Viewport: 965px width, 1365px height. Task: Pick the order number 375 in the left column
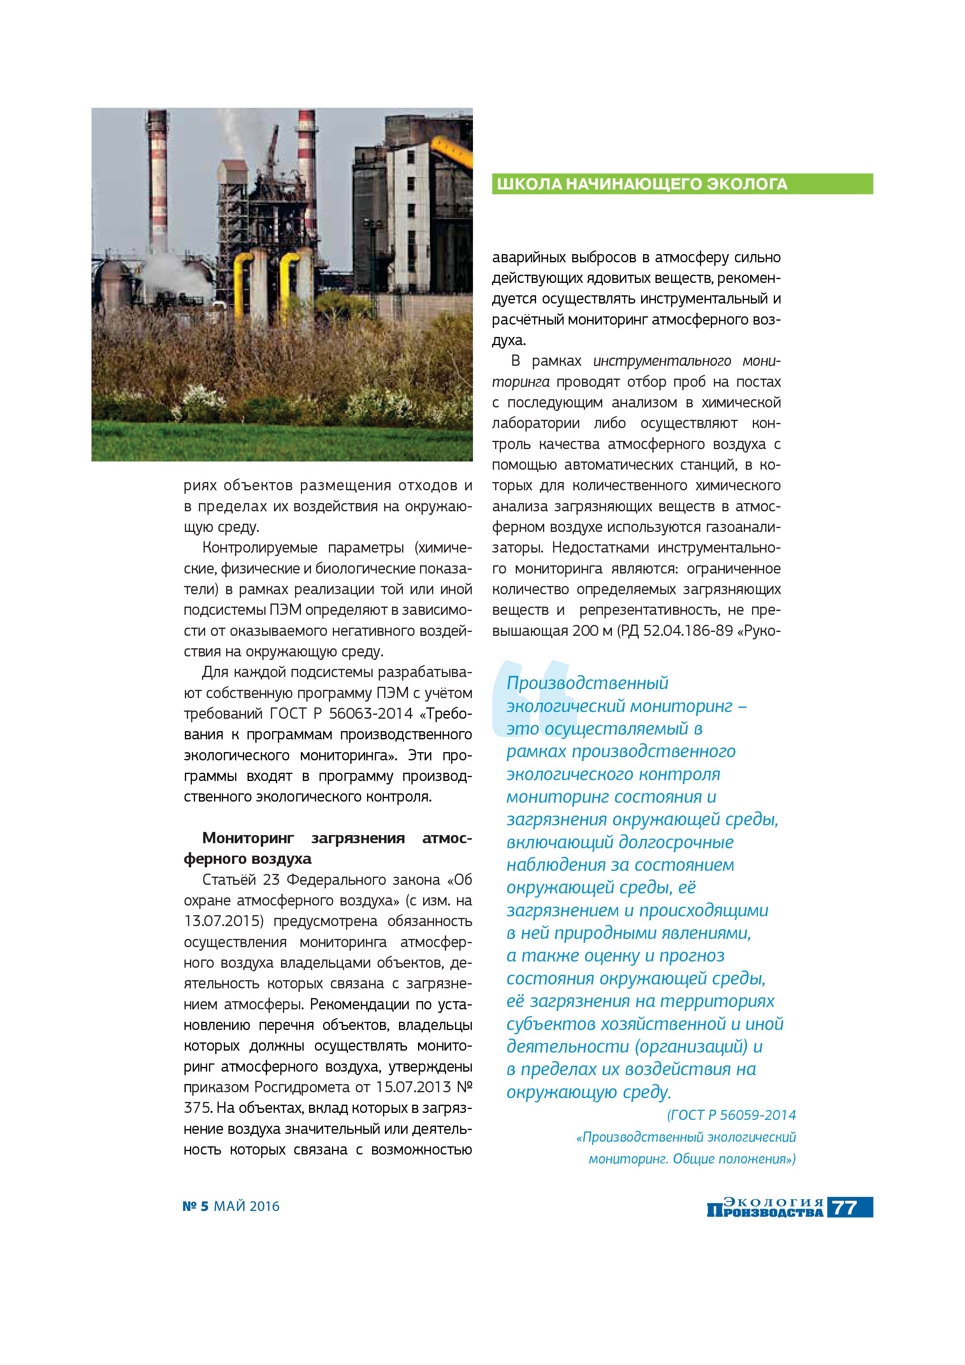(197, 1107)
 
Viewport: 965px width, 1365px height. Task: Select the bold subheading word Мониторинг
(248, 838)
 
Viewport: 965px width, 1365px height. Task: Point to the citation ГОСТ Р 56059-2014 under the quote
(731, 1115)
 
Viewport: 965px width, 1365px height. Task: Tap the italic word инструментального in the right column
(662, 361)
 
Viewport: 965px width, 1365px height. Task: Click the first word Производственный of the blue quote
(587, 683)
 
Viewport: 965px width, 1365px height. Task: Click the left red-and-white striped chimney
(158, 178)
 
